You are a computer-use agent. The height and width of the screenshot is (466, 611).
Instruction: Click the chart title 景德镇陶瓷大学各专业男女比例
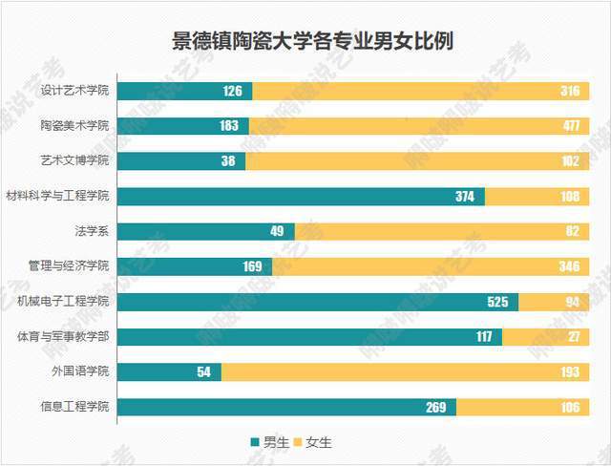click(x=305, y=41)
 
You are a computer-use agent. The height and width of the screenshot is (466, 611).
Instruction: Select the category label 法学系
click(x=92, y=231)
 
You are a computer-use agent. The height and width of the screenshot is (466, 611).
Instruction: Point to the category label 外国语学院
click(x=81, y=371)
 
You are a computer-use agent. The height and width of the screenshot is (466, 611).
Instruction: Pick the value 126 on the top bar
click(x=233, y=92)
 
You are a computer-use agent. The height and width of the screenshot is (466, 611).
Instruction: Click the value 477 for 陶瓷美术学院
click(x=570, y=126)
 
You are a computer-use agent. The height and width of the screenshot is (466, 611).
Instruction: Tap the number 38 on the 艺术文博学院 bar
click(x=227, y=161)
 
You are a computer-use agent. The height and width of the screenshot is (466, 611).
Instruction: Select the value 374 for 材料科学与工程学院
click(x=465, y=197)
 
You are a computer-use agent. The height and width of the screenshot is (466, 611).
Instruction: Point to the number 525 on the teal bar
click(x=498, y=302)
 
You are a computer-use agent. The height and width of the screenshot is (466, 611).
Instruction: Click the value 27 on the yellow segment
click(x=575, y=337)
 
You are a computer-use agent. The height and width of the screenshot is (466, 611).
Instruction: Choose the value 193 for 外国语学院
click(x=570, y=371)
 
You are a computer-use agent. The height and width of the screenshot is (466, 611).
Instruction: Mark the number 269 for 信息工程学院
click(x=436, y=407)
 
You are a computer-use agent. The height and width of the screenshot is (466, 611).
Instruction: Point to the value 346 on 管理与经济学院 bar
click(x=570, y=266)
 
